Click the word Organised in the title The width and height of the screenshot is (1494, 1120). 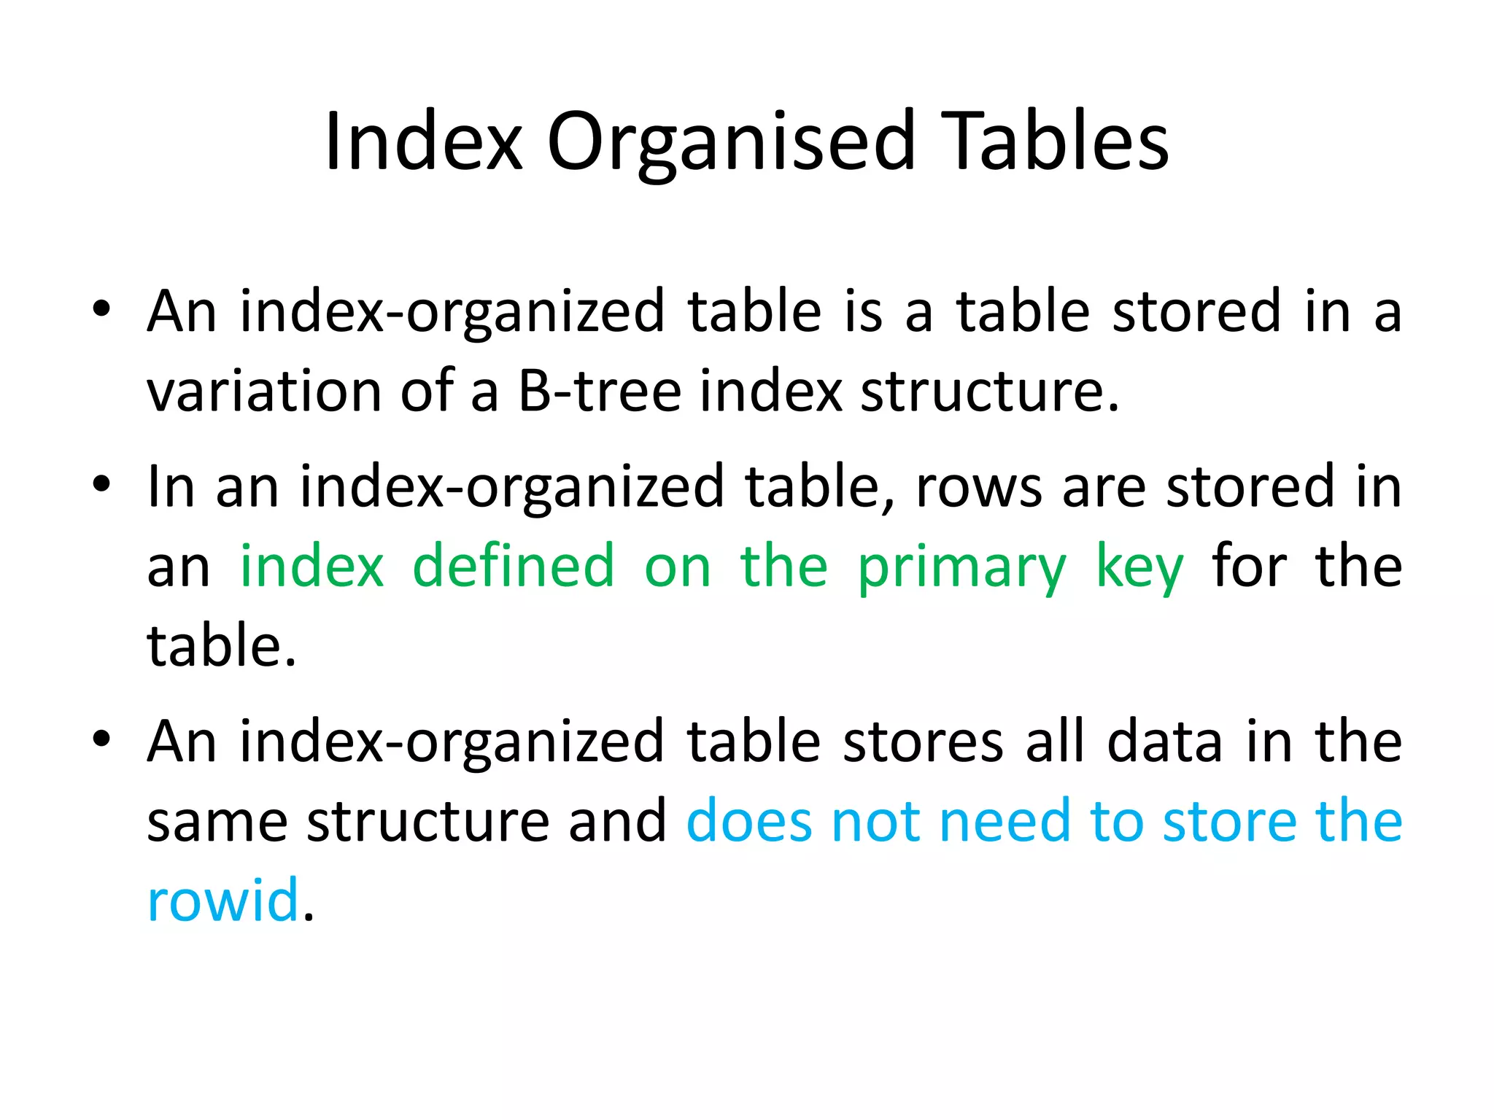tap(730, 144)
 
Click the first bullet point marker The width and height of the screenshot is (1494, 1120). tap(101, 309)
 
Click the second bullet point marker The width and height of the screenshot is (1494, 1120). tap(101, 484)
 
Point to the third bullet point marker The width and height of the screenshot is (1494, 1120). tap(101, 739)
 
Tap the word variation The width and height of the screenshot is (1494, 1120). tap(263, 391)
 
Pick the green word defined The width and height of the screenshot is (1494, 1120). tap(514, 566)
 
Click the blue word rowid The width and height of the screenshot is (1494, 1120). tap(222, 900)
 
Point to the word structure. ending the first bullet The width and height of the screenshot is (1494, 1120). tap(989, 391)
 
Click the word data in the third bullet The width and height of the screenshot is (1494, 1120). tap(1164, 742)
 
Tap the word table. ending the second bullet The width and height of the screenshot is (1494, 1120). tap(221, 646)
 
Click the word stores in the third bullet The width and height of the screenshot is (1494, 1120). tap(923, 742)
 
